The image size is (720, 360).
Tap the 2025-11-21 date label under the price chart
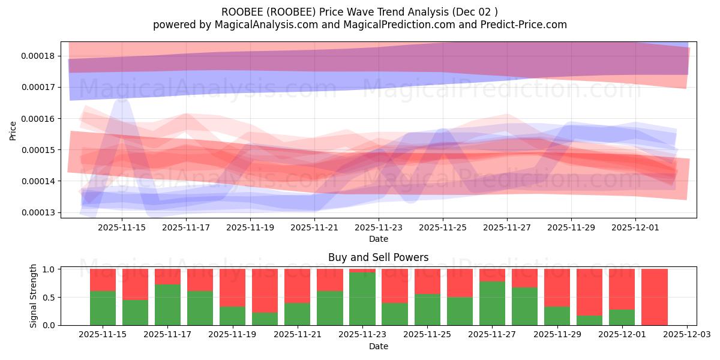[314, 227]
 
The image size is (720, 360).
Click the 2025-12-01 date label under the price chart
[635, 227]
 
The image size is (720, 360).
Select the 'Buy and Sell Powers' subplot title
[378, 257]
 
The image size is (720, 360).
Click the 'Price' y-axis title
[13, 130]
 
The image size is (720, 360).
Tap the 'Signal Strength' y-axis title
[34, 296]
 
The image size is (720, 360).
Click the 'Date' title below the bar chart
[378, 346]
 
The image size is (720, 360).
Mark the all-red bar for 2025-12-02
[655, 297]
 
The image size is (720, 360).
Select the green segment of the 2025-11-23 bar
[362, 299]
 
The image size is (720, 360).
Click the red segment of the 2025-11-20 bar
[265, 290]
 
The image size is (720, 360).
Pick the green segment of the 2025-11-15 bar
[103, 308]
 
